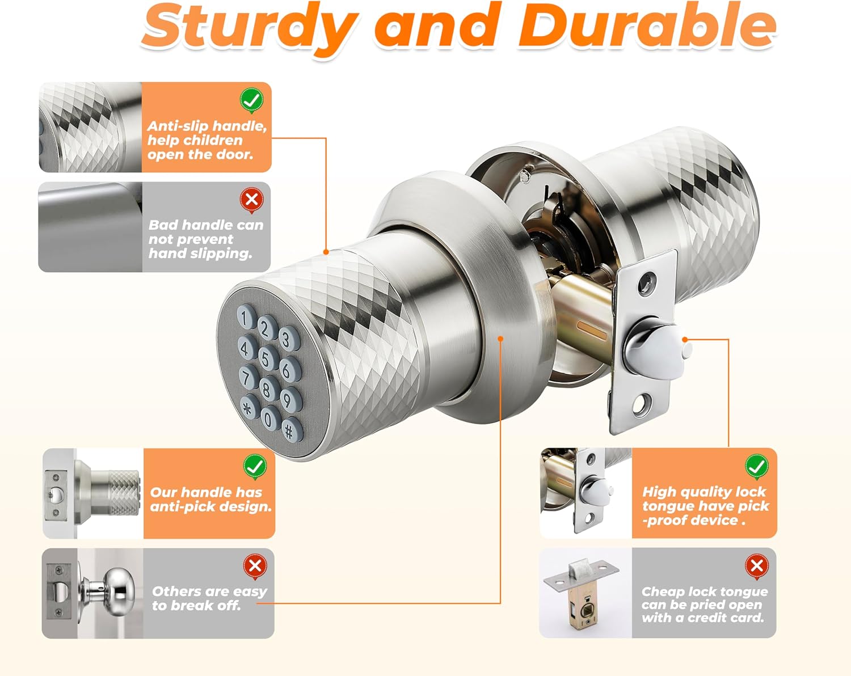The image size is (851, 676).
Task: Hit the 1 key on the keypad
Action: [x=246, y=316]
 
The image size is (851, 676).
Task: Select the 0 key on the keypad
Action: [x=271, y=417]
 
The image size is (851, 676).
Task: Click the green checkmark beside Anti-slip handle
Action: [x=251, y=100]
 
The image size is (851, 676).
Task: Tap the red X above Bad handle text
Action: [x=251, y=200]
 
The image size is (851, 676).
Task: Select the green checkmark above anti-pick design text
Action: [x=255, y=467]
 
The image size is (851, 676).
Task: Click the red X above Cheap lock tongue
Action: [x=756, y=566]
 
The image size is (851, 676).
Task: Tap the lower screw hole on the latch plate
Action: [x=639, y=404]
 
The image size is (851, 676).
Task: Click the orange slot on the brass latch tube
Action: [x=592, y=330]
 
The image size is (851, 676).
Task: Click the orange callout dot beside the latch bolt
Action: [x=685, y=339]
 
